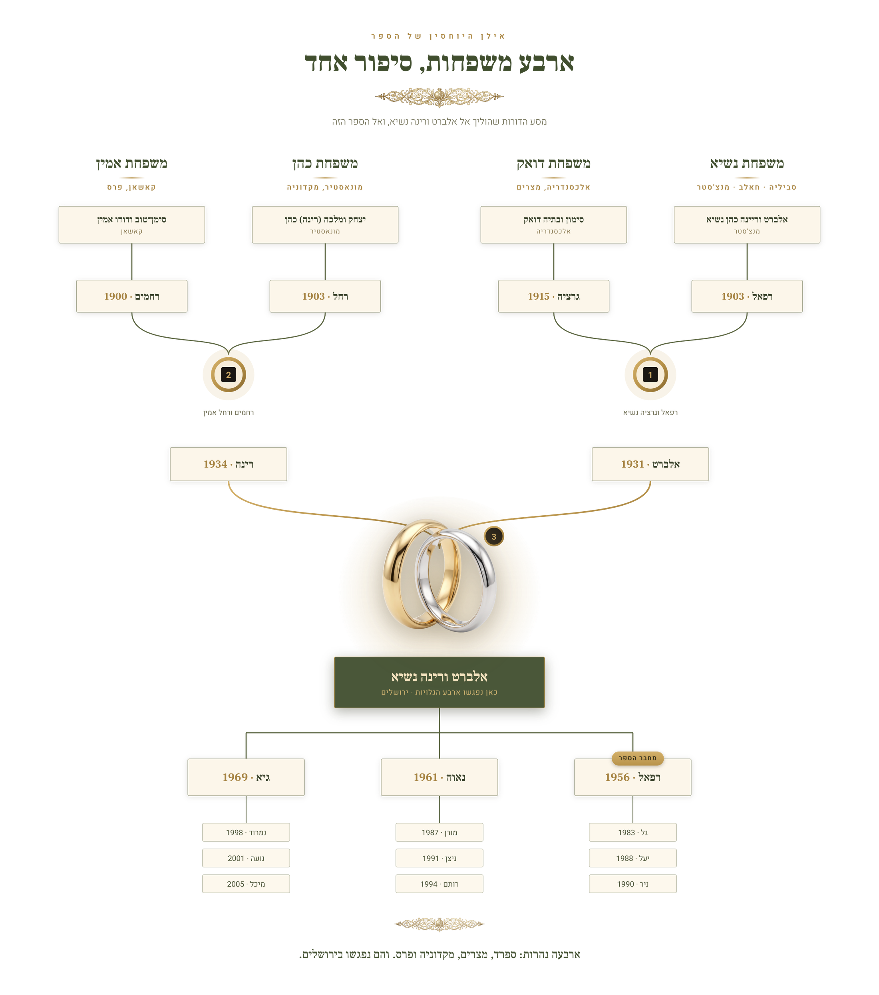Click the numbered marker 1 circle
(x=650, y=374)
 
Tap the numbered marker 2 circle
(x=229, y=374)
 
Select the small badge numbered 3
(x=493, y=536)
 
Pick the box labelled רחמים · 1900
(x=131, y=296)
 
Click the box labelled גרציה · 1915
(x=553, y=296)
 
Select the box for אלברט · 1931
(x=650, y=464)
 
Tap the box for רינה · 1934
(x=229, y=464)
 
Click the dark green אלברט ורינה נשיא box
(x=439, y=682)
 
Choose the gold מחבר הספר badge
(x=637, y=758)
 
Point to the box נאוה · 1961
(x=439, y=777)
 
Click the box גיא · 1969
(x=246, y=777)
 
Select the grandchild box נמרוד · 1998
(x=246, y=833)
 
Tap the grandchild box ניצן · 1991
(x=439, y=858)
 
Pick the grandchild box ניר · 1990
(x=632, y=884)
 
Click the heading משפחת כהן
(x=325, y=163)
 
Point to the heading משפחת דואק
(x=553, y=163)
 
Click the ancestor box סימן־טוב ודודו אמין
(x=131, y=224)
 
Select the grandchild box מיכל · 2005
(x=246, y=884)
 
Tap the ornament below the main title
(x=439, y=97)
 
